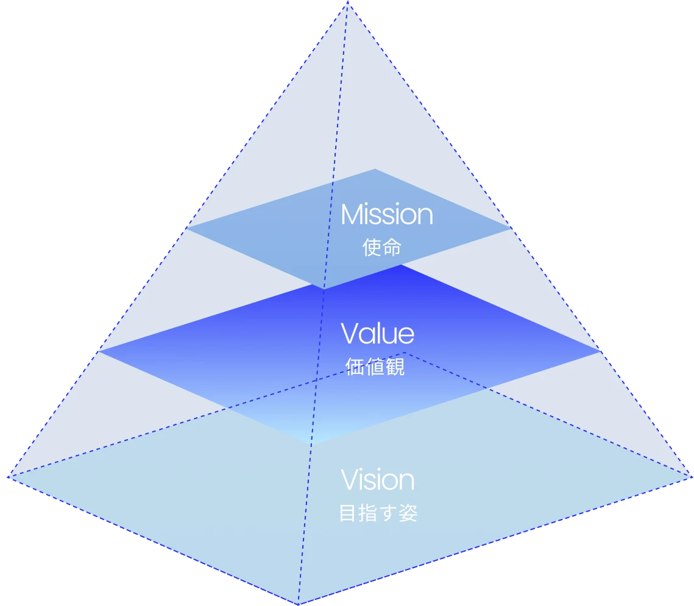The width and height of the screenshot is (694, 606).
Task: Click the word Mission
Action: [386, 215]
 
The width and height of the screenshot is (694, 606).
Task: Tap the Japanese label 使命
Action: [381, 247]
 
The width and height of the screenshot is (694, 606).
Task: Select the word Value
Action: [377, 334]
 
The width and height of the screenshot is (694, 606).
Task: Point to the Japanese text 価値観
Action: [375, 367]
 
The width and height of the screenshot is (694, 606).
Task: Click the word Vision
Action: [377, 480]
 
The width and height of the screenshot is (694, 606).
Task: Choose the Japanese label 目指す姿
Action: [378, 513]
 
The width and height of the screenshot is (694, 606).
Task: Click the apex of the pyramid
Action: [347, 2]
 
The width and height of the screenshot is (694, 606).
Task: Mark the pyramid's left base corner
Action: [9, 477]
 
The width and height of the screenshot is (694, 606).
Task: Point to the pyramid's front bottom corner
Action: [298, 604]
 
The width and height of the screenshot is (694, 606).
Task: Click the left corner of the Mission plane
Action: [186, 228]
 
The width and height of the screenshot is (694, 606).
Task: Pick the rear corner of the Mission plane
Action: [375, 169]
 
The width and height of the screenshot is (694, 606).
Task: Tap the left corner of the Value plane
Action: [99, 351]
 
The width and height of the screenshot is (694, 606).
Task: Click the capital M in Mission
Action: [353, 215]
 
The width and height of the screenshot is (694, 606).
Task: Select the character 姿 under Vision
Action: [409, 513]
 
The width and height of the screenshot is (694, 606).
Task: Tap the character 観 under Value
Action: [395, 367]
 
